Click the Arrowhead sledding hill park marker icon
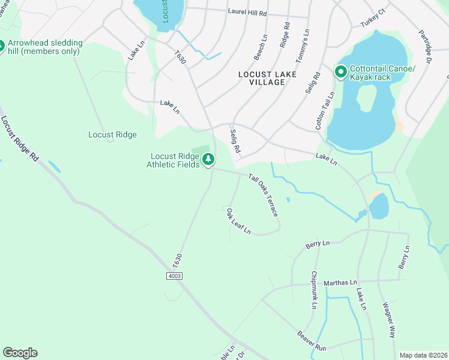pyautogui.click(x=2, y=45)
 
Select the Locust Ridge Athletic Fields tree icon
pyautogui.click(x=208, y=160)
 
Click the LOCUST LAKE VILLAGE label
pyautogui.click(x=261, y=78)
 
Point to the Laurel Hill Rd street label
pyautogui.click(x=247, y=12)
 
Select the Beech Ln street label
pyautogui.click(x=262, y=46)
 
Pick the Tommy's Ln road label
pyautogui.click(x=303, y=46)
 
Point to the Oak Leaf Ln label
pyautogui.click(x=238, y=221)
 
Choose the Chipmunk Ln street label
pyautogui.click(x=313, y=290)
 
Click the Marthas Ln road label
pyautogui.click(x=340, y=282)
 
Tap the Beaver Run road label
pyautogui.click(x=311, y=340)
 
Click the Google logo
pyautogui.click(x=20, y=353)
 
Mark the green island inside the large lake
pyautogui.click(x=366, y=98)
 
